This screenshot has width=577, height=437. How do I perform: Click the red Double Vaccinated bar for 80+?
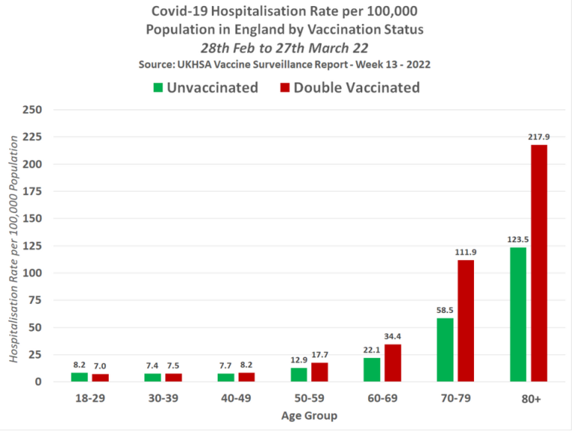[539, 263]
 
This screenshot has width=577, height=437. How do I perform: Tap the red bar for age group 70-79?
[466, 320]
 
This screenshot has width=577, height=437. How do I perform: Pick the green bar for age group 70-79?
[445, 350]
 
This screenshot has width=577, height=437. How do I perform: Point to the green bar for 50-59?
[298, 375]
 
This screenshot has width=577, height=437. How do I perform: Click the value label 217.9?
[540, 136]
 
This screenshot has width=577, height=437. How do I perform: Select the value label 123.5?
[517, 239]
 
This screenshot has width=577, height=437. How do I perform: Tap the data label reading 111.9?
[466, 251]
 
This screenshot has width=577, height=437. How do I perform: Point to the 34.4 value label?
[393, 335]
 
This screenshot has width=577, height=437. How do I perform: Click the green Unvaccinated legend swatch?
[158, 87]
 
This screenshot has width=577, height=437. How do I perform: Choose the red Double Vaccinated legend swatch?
[285, 87]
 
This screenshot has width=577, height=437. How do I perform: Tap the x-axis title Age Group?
[309, 416]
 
